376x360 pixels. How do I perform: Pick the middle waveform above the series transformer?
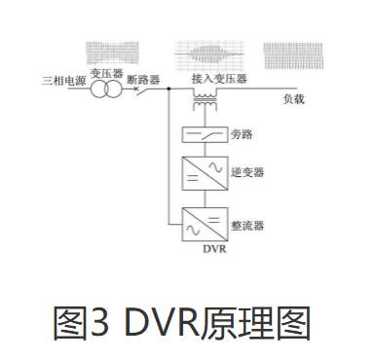(x=208, y=53)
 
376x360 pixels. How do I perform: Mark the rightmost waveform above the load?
(x=296, y=53)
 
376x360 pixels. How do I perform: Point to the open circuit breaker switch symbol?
(x=146, y=90)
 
